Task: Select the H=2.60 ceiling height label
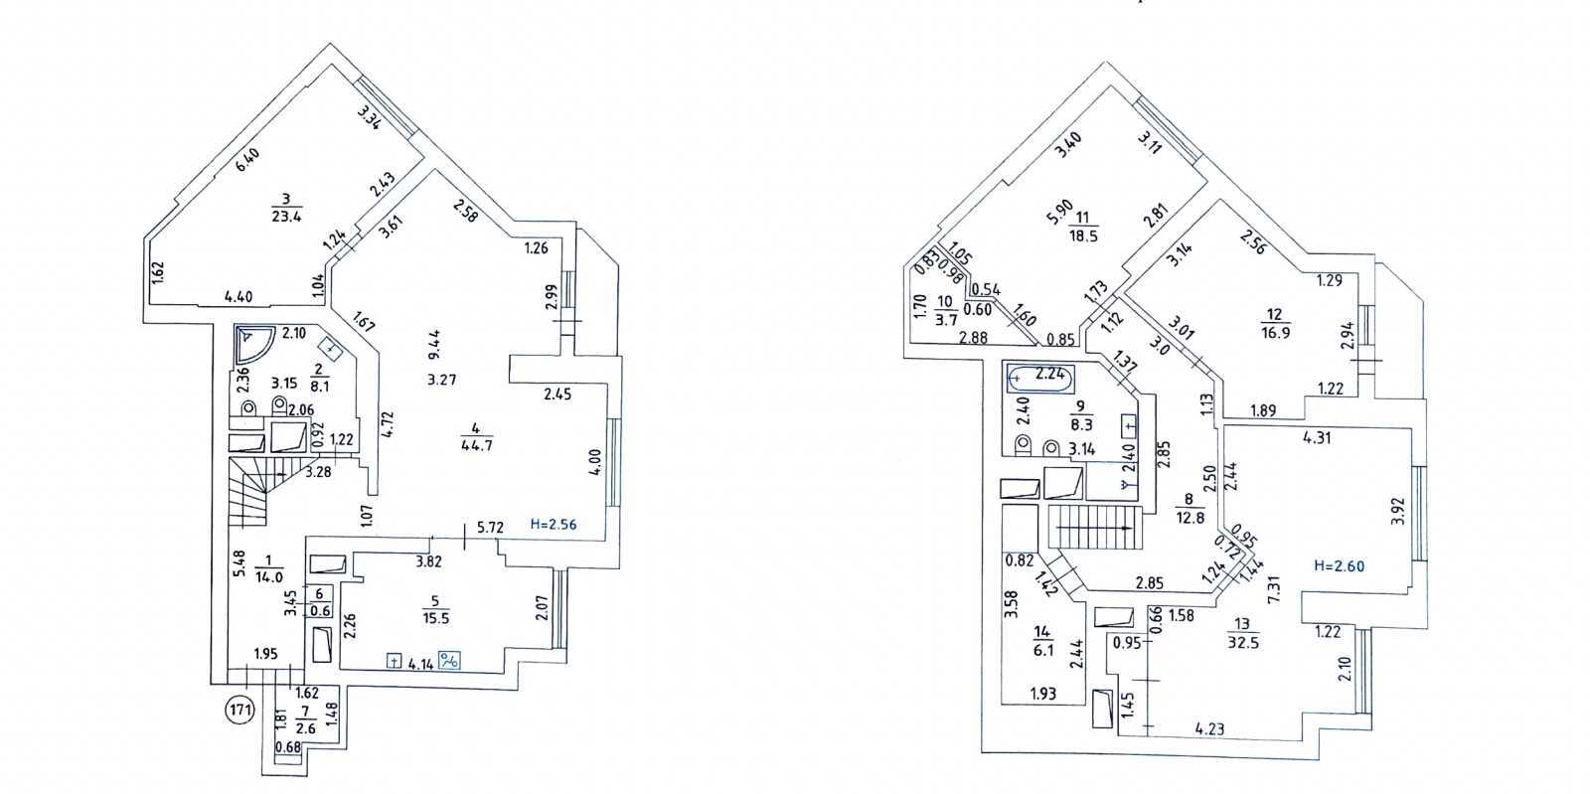click(1340, 566)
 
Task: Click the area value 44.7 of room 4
click(477, 445)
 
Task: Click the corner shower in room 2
click(254, 346)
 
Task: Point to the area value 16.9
click(1277, 333)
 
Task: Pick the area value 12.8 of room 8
click(1187, 516)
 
